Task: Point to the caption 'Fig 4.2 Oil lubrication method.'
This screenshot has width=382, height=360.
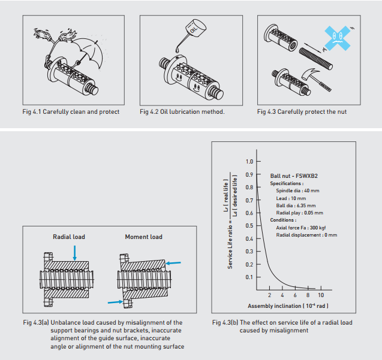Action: (182, 111)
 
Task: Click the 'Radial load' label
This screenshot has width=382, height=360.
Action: (69, 237)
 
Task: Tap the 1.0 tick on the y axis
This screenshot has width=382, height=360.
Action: (249, 162)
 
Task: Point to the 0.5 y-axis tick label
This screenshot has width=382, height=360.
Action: (249, 226)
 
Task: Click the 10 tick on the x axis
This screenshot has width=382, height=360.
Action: (321, 295)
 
